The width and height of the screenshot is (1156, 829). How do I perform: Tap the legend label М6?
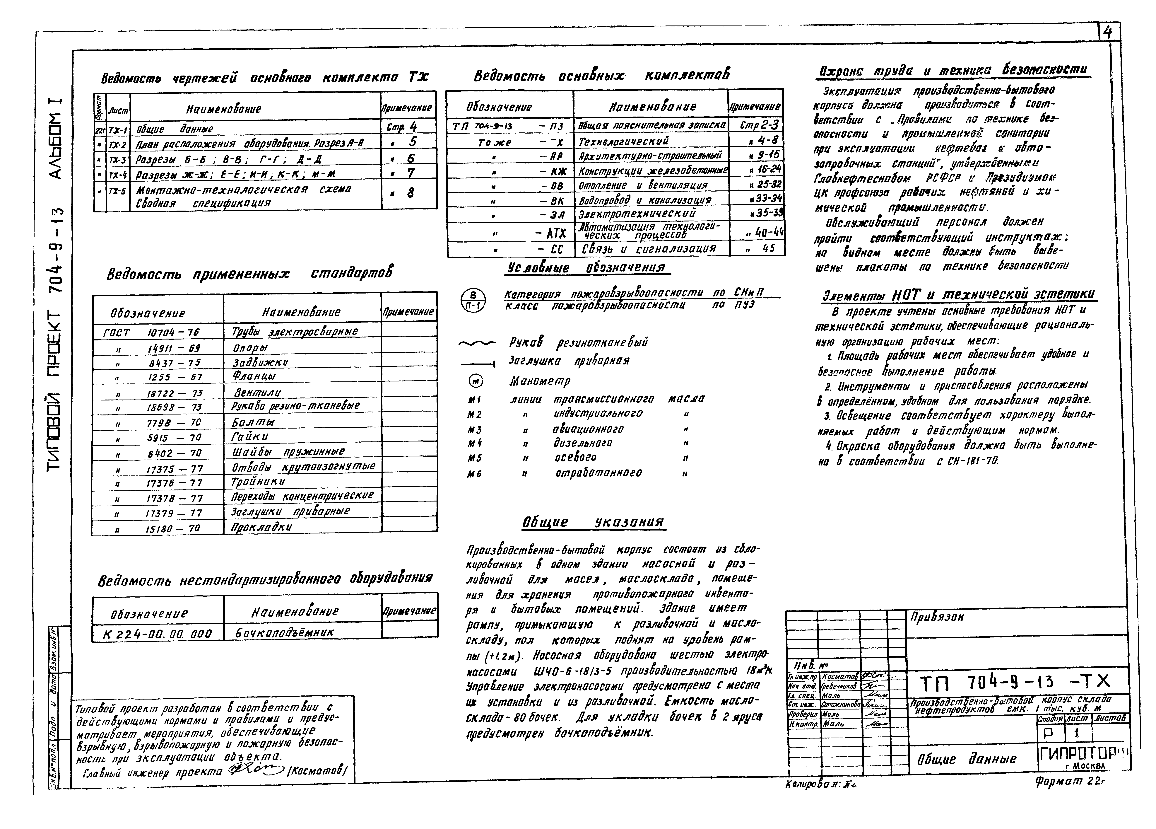[x=475, y=474]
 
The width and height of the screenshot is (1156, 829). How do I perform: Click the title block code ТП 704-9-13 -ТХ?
[x=1014, y=682]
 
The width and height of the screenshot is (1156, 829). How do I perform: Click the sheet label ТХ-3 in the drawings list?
[x=117, y=160]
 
